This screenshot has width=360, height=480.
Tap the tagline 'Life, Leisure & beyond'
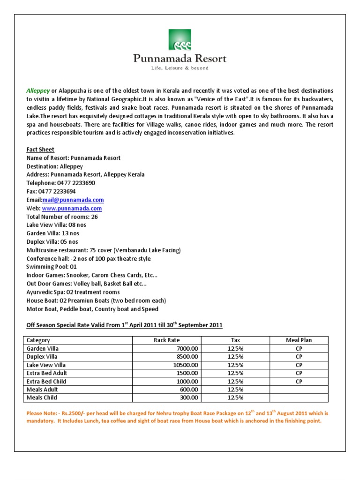click(180, 68)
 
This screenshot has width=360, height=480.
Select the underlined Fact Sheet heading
click(40, 150)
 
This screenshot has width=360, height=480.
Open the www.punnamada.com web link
click(72, 208)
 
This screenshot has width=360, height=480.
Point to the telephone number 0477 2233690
click(76, 183)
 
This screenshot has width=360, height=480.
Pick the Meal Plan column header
click(299, 340)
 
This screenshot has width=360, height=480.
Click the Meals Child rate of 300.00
click(189, 397)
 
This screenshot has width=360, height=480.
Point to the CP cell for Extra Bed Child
click(299, 382)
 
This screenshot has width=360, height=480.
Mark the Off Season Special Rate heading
click(124, 325)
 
